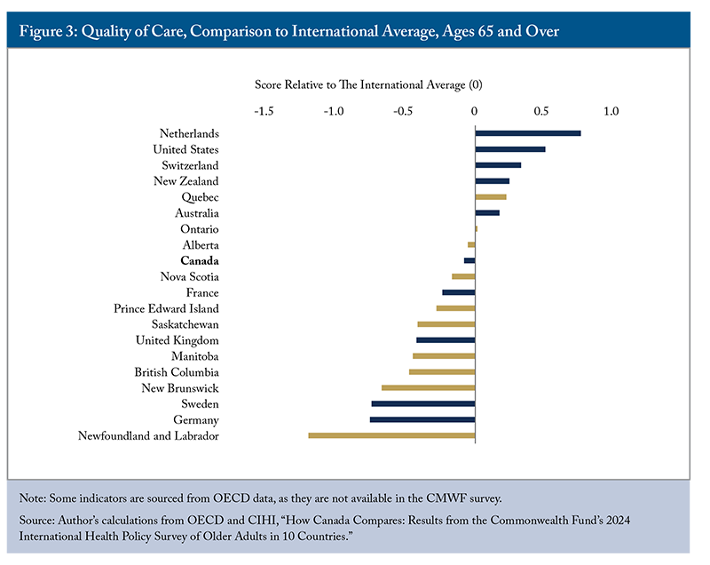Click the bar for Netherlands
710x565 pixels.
click(528, 133)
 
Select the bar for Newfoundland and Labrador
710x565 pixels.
click(391, 435)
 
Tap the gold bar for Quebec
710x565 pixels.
click(491, 197)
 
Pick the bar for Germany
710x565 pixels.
click(422, 419)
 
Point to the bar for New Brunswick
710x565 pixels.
click(429, 388)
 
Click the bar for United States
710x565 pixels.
click(510, 149)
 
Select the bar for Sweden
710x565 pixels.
click(423, 404)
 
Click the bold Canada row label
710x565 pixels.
click(200, 261)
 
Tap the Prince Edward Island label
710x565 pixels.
click(166, 308)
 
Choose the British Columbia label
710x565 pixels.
click(177, 372)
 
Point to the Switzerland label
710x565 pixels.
click(190, 165)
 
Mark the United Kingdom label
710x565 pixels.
click(177, 340)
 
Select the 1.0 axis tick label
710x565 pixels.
click(611, 112)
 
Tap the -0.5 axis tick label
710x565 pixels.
click(403, 112)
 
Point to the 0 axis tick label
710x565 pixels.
click(475, 112)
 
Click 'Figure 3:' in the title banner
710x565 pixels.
click(55, 32)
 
